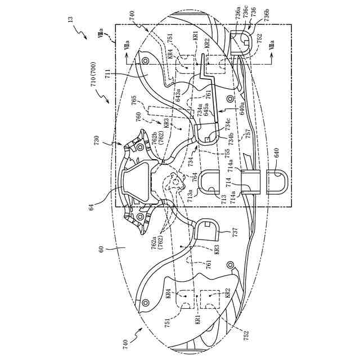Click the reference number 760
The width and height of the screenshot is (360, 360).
138,119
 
